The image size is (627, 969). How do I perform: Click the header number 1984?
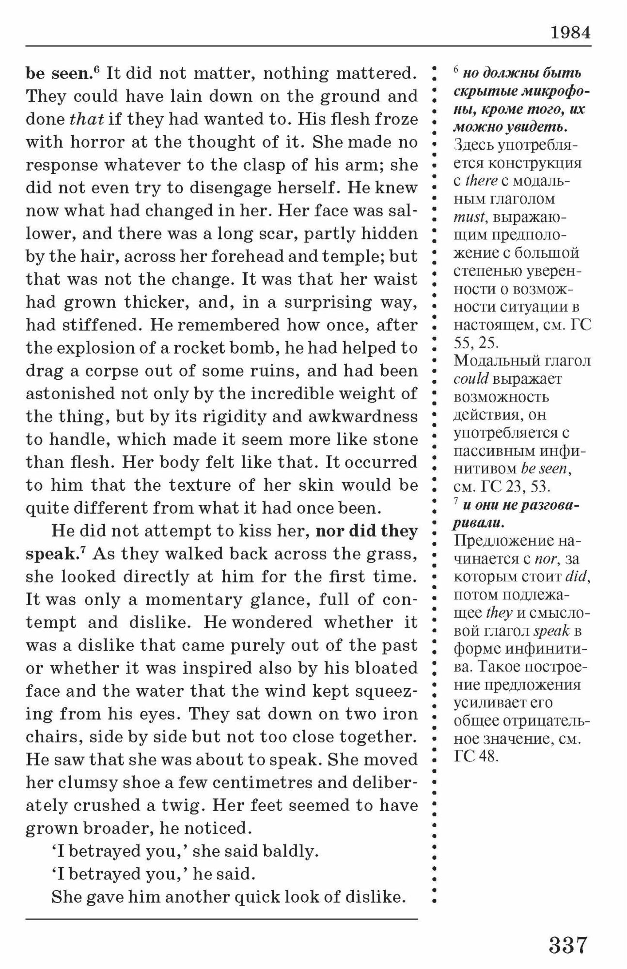(x=570, y=32)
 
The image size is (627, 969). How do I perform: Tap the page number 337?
(x=568, y=945)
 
